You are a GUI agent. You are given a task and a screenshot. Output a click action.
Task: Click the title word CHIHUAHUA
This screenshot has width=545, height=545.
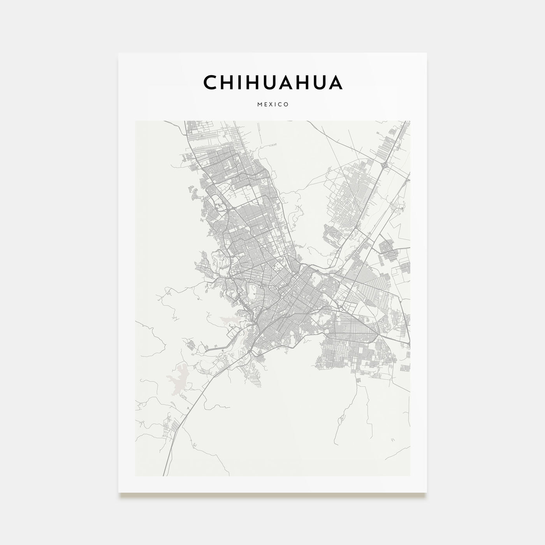(x=272, y=82)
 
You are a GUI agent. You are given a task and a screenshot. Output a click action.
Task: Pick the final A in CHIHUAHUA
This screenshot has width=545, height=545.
(x=336, y=82)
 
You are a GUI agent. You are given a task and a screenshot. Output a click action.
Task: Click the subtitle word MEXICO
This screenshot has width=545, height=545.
(x=272, y=105)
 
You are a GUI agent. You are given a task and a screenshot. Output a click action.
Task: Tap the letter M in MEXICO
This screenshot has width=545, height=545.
(x=259, y=105)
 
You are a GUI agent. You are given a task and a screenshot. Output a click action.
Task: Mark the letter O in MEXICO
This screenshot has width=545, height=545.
(x=286, y=105)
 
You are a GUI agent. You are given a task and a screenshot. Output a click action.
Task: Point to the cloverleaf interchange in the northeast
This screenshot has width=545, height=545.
(x=385, y=166)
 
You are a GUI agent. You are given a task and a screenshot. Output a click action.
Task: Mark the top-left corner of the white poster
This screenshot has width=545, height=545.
(x=119, y=53)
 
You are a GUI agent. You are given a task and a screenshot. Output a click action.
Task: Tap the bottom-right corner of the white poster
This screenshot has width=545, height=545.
(x=427, y=493)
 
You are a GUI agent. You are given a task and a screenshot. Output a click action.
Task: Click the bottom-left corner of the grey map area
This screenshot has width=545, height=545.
(x=135, y=476)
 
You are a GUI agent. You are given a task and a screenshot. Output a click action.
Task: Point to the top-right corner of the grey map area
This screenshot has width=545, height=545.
(x=410, y=121)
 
